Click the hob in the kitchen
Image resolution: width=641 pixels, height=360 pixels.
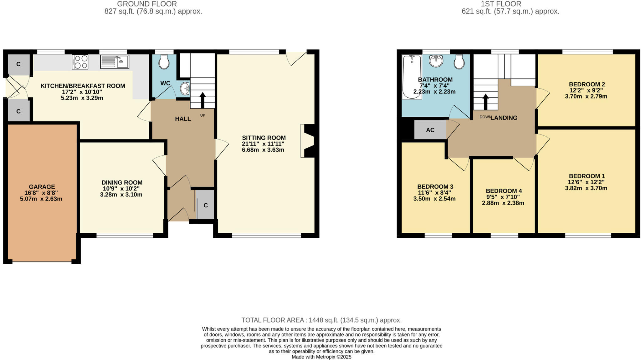(80, 62)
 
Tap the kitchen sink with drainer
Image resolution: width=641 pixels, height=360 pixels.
(115, 62)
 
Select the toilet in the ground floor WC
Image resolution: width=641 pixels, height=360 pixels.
(164, 62)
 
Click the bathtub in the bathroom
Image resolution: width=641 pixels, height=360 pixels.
(412, 77)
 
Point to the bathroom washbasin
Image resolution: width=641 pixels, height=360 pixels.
(436, 61)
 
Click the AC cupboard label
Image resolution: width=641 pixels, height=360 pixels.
(430, 130)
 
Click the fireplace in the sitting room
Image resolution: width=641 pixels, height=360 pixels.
(308, 141)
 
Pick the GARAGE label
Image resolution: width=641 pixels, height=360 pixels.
(42, 187)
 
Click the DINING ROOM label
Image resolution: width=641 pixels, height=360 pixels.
(122, 182)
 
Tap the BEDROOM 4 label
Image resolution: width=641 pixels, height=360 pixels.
(504, 191)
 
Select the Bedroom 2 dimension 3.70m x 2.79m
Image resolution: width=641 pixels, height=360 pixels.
(586, 96)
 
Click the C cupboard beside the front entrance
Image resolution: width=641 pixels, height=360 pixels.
(206, 205)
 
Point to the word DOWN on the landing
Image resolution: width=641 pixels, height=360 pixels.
(485, 117)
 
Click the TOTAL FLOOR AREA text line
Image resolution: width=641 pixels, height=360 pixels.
(321, 320)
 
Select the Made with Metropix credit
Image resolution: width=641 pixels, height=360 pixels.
(321, 357)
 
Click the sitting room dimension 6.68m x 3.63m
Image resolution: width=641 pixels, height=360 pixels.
(263, 150)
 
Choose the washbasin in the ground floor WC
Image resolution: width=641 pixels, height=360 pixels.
(185, 89)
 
